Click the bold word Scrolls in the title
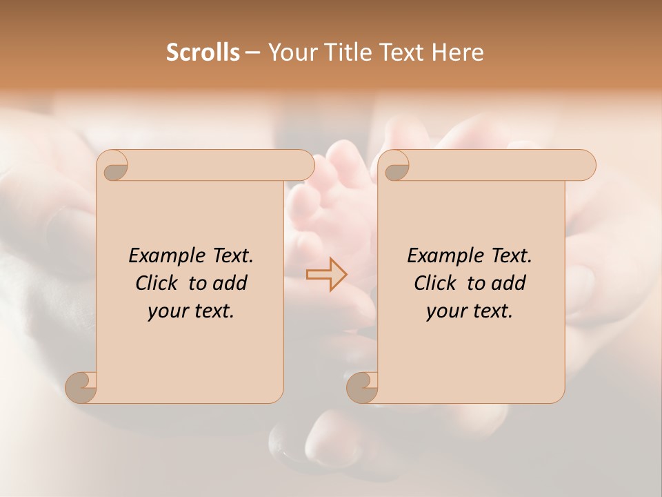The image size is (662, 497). (203, 52)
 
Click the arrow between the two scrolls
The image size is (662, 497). (327, 274)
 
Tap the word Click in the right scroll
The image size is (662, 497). (434, 283)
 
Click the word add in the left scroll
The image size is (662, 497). (231, 283)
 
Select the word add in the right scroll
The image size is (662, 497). (510, 283)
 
